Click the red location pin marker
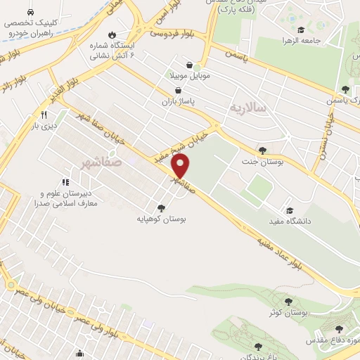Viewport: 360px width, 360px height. click(181, 166)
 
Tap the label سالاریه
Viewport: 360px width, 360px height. click(247, 108)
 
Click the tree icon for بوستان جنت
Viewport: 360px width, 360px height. click(262, 150)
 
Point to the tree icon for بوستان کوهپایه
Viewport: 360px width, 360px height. click(162, 207)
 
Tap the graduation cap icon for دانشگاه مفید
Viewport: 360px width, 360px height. click(288, 210)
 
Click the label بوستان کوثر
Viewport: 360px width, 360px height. click(288, 311)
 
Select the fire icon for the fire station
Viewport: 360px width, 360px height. click(112, 34)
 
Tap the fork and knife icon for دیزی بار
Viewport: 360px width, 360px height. click(44, 115)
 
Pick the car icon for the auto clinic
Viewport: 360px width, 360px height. click(30, 13)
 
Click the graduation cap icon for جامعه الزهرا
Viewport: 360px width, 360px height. click(301, 30)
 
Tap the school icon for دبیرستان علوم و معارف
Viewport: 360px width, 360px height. click(65, 182)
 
